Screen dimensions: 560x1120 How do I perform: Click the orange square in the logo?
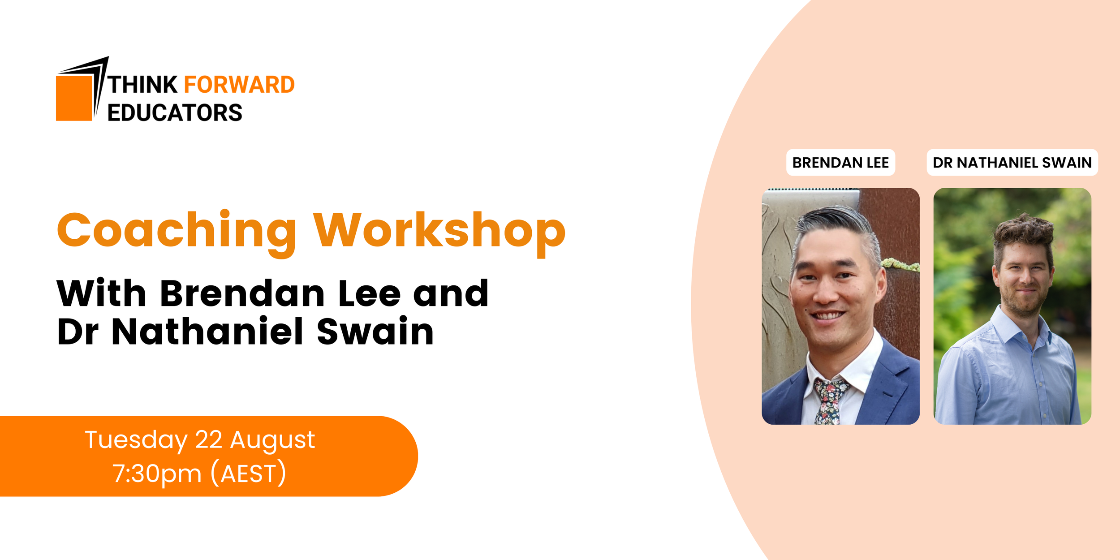tap(74, 98)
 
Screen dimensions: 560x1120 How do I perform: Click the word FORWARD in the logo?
tap(239, 85)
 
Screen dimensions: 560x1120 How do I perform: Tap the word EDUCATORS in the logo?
tap(175, 112)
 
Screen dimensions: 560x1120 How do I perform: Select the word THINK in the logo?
tap(143, 85)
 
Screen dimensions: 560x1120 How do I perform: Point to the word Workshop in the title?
tap(439, 231)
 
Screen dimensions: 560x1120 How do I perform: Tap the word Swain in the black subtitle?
tap(375, 332)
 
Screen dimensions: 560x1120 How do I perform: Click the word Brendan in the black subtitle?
tap(242, 294)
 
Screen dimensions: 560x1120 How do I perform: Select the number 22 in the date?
tap(209, 439)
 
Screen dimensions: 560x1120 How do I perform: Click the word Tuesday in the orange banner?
tap(136, 440)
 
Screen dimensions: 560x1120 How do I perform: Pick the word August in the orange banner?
tap(272, 440)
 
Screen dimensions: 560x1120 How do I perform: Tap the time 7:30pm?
tap(157, 474)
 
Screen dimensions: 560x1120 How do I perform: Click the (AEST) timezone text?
tap(248, 474)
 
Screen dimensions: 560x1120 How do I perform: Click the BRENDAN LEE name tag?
tap(840, 163)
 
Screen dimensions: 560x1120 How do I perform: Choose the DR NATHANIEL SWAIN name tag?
tap(1012, 163)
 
